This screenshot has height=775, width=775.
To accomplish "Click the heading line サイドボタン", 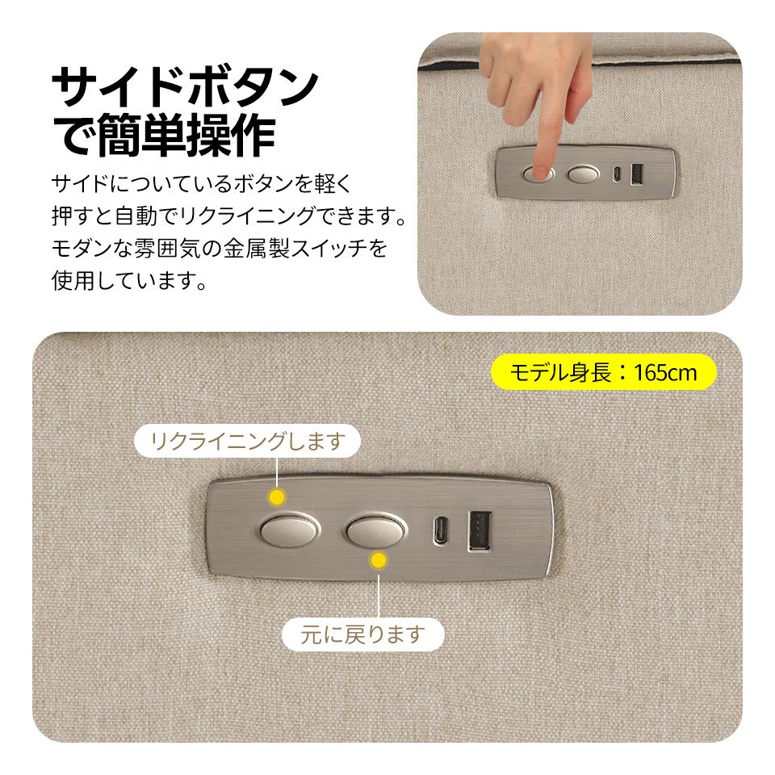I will [x=184, y=87].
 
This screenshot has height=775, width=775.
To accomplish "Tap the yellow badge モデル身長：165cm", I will [x=604, y=372].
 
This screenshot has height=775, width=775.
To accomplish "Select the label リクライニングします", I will [x=248, y=441].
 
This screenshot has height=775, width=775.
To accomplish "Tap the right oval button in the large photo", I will [x=375, y=530].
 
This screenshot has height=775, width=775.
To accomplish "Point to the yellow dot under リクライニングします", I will [x=277, y=495].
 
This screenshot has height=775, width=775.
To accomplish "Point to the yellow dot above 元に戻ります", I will [x=378, y=559].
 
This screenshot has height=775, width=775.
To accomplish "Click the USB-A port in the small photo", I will [x=635, y=174].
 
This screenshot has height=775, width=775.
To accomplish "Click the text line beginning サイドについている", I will [x=202, y=185].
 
